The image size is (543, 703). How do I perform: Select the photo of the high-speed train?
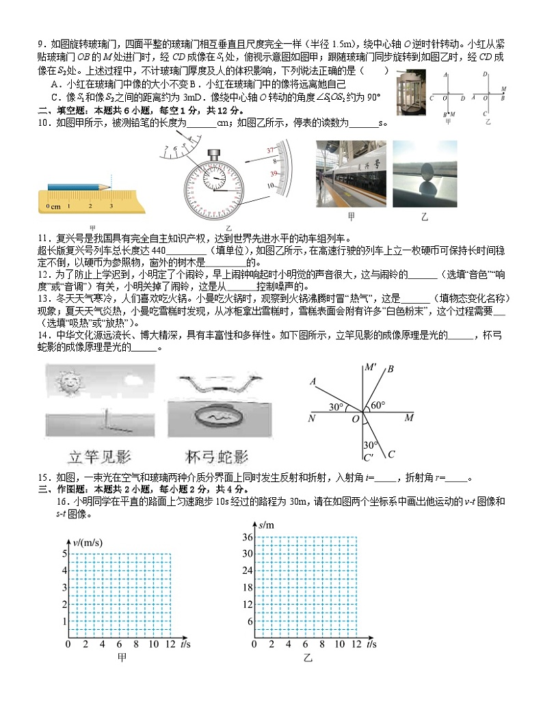[x=350, y=174]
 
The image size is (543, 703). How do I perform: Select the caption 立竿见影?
[x=101, y=457]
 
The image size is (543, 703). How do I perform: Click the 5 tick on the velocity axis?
[x=65, y=553]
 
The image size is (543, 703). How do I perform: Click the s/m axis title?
[x=266, y=524]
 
